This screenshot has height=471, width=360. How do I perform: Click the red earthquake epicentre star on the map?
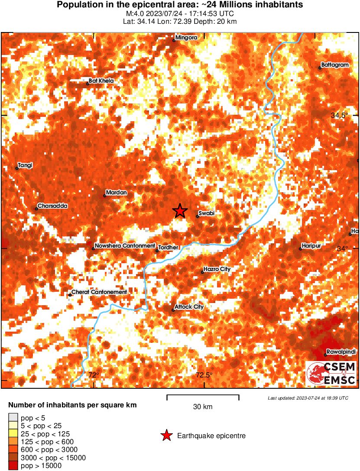(x=180, y=211)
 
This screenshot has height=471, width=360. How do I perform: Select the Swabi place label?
(x=207, y=213)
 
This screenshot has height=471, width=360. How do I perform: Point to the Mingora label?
(x=186, y=38)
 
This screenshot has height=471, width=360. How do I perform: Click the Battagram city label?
(x=335, y=65)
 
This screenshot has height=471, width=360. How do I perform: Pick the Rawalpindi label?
(x=341, y=352)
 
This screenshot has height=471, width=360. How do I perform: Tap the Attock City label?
(x=189, y=307)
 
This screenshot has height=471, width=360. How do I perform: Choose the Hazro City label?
(x=217, y=269)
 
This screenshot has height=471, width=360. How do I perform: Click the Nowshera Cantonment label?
(x=124, y=245)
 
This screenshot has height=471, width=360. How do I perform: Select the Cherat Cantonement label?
(x=99, y=292)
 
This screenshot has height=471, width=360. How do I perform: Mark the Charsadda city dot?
(x=36, y=209)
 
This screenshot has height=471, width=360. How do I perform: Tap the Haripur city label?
(x=312, y=245)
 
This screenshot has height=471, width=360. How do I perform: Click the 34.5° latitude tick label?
(x=340, y=116)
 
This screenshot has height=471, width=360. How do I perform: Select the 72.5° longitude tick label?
(x=204, y=375)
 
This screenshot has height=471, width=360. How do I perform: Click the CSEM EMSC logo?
(x=331, y=374)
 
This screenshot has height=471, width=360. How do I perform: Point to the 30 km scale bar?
(x=203, y=395)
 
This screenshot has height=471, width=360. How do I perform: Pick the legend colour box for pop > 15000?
(x=13, y=466)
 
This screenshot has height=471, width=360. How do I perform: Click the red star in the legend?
(x=166, y=436)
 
